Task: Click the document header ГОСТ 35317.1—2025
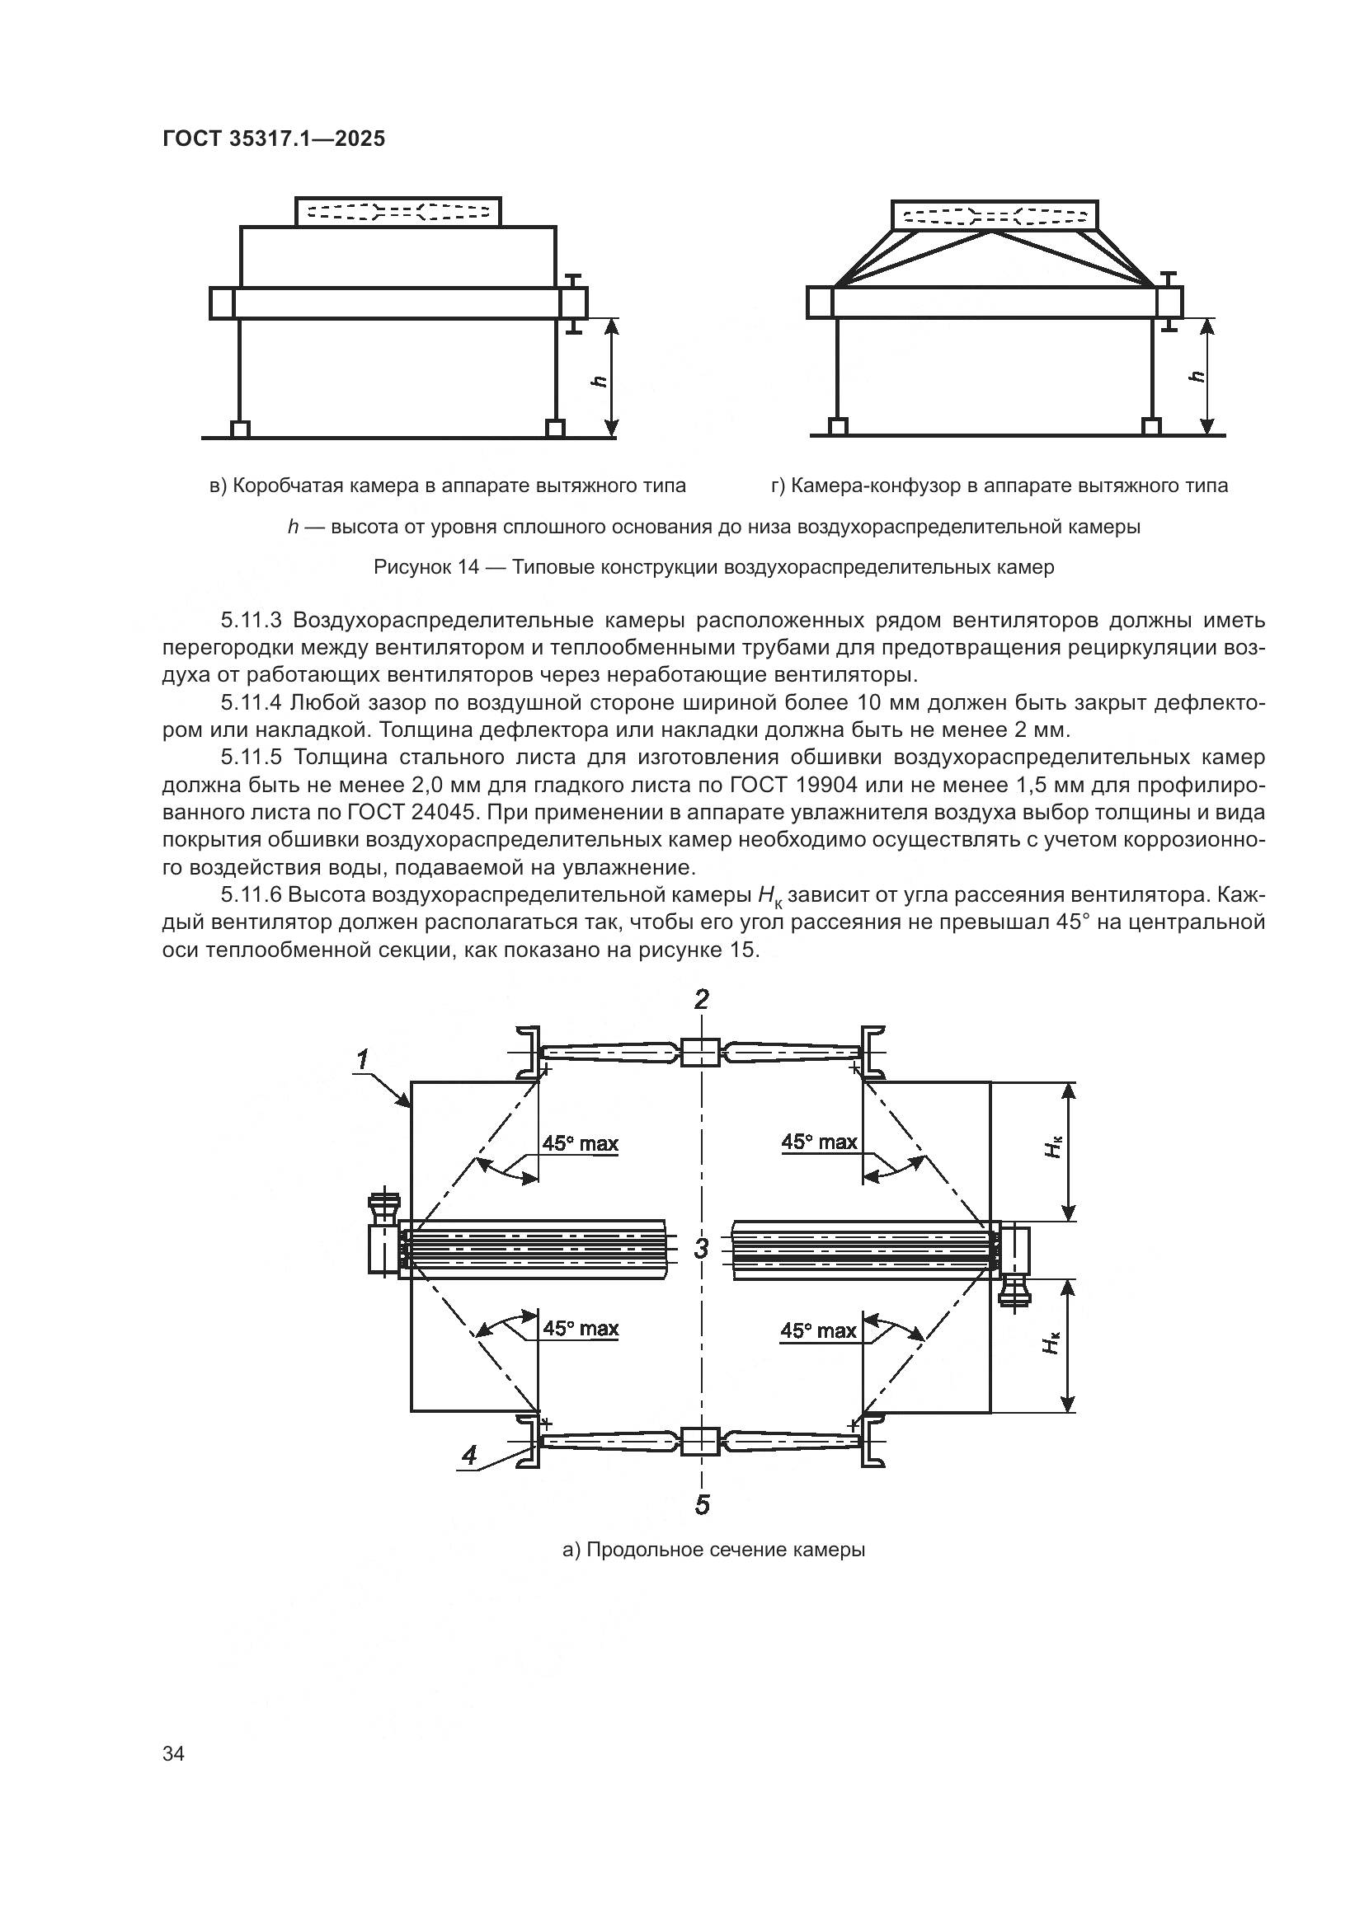274,139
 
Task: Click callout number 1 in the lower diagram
362,1061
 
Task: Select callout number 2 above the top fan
701,999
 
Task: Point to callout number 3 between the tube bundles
701,1249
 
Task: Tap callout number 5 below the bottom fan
702,1505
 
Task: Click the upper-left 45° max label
580,1142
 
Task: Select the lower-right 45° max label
818,1330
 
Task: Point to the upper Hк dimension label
1053,1148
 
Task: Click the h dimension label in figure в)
599,379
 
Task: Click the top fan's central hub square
698,1053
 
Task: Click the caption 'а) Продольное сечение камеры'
713,1550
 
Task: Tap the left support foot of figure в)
240,429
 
